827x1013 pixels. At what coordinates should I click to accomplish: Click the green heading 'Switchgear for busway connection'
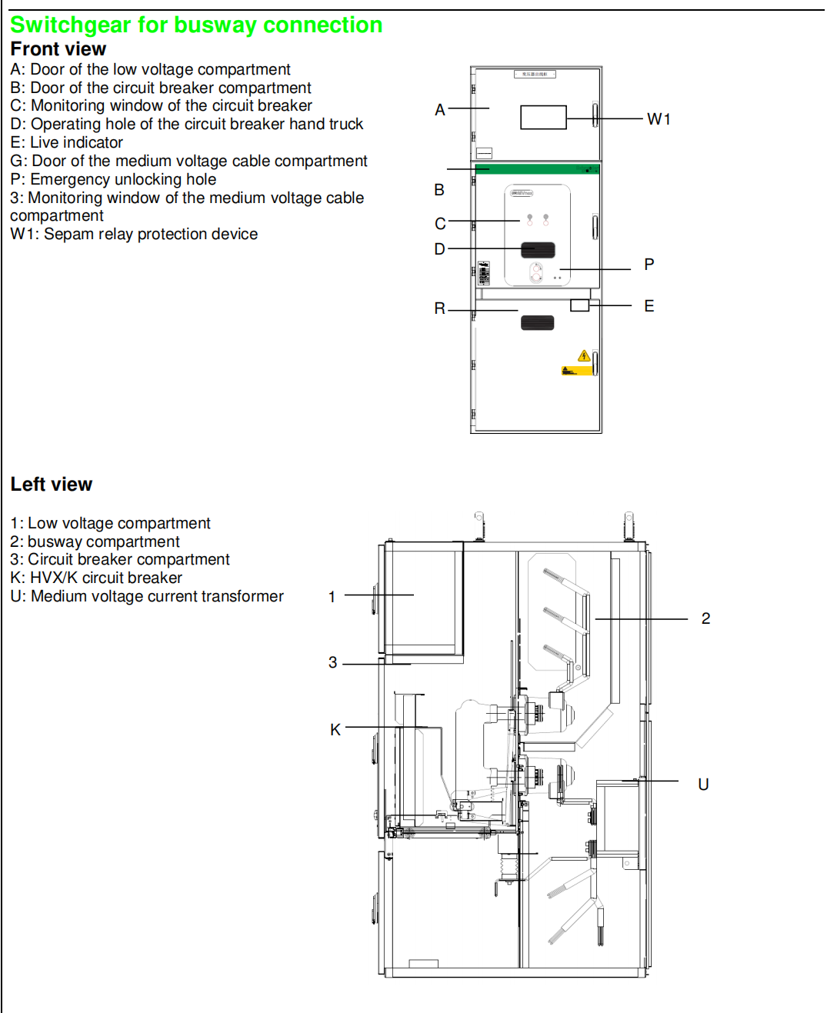point(196,25)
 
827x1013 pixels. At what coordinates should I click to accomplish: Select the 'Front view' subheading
point(58,49)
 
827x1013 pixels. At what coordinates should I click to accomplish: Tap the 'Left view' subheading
point(51,485)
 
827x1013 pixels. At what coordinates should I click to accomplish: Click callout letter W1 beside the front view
point(659,119)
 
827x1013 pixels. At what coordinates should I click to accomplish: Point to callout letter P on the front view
point(649,265)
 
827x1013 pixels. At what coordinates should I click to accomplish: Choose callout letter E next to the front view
point(649,306)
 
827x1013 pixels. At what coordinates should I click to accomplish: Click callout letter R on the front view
point(439,308)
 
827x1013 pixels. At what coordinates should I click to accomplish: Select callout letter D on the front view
point(439,249)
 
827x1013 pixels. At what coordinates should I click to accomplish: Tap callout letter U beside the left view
point(703,785)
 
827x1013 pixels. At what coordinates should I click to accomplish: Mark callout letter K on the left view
point(335,730)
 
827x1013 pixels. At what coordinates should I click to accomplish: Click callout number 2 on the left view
point(705,618)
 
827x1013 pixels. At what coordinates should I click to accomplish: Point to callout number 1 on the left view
point(332,597)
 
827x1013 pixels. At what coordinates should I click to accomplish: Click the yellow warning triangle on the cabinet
point(584,355)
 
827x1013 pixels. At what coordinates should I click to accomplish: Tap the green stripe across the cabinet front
point(536,169)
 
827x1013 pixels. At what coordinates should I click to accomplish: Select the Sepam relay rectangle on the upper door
point(543,117)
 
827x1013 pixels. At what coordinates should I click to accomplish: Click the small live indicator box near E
point(579,305)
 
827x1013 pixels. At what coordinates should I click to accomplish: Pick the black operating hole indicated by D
point(538,250)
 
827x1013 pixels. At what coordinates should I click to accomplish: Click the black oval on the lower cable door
point(537,322)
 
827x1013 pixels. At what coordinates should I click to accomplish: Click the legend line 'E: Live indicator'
point(66,142)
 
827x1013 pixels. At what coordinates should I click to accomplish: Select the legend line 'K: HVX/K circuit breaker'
point(96,578)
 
